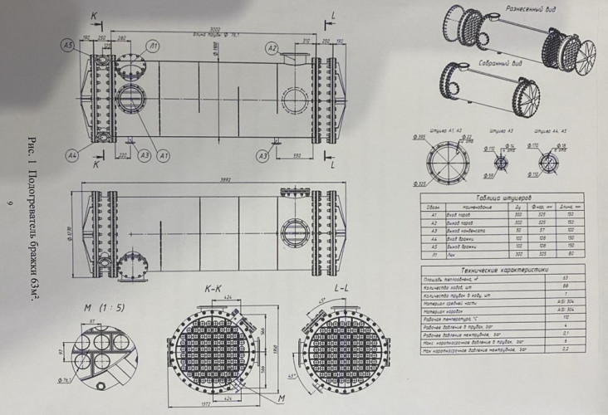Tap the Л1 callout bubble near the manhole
coord(153,45)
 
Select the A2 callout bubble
coord(272,49)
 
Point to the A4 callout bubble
coord(72,154)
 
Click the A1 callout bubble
coord(164,155)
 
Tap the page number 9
coord(9,203)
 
